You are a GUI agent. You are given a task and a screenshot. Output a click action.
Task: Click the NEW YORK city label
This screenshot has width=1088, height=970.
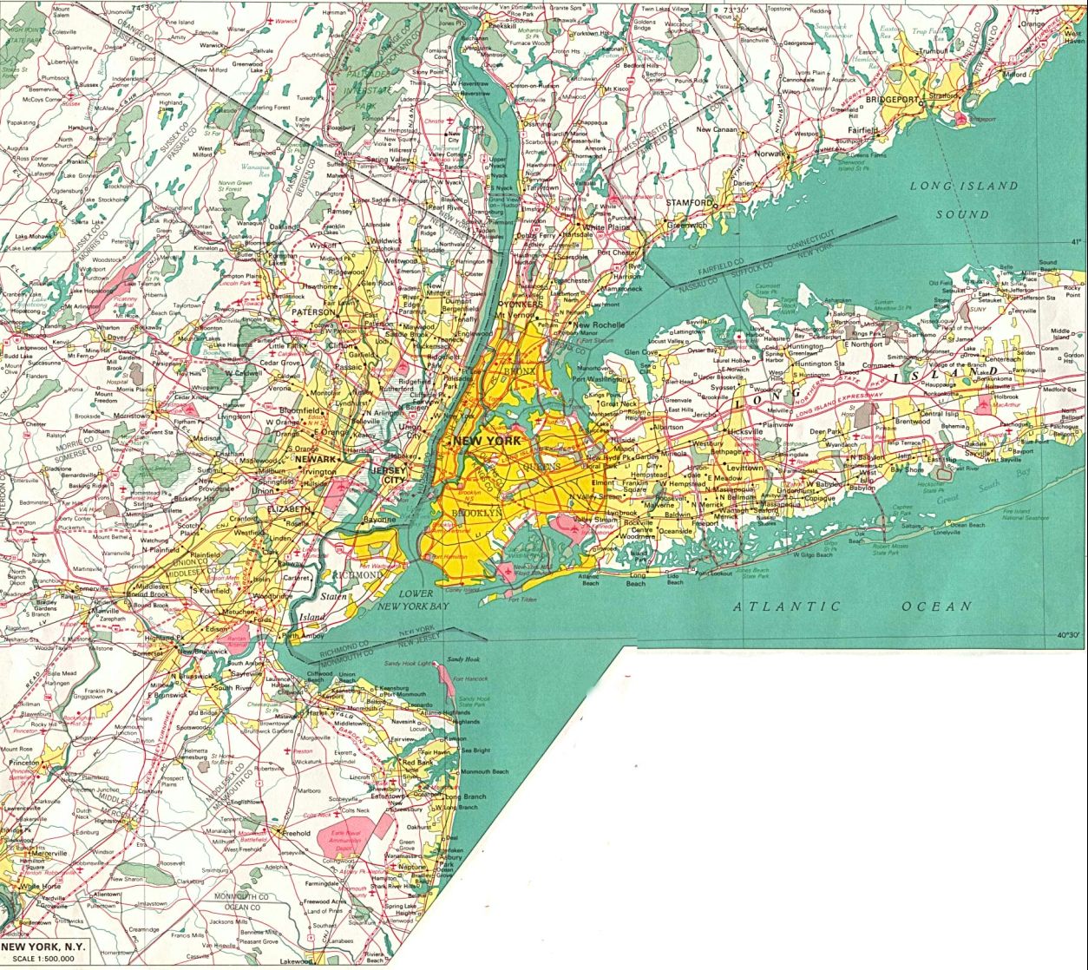(x=488, y=441)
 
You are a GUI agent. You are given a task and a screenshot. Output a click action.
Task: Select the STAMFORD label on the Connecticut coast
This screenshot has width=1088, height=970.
(x=691, y=202)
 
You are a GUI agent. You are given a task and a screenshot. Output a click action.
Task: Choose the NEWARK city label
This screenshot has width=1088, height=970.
(x=315, y=459)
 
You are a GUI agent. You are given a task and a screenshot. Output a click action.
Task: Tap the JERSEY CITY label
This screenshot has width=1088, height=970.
(x=388, y=474)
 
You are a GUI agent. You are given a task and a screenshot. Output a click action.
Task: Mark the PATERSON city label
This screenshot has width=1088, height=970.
(x=313, y=311)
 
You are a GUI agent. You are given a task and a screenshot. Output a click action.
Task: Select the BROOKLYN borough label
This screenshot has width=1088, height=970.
(x=476, y=514)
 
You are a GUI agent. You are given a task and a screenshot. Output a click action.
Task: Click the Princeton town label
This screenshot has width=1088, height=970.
(x=24, y=762)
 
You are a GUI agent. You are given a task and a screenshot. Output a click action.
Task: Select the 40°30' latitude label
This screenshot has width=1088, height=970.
(x=1066, y=635)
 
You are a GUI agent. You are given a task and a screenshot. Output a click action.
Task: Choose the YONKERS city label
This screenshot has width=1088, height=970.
(x=521, y=305)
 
